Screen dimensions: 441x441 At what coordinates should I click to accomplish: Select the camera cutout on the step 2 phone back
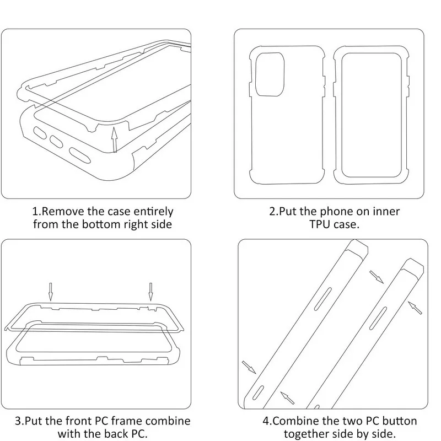pyautogui.click(x=270, y=75)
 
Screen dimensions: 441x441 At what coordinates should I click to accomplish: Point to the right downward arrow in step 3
pyautogui.click(x=150, y=291)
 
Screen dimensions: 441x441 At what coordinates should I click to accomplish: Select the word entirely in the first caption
pyautogui.click(x=153, y=211)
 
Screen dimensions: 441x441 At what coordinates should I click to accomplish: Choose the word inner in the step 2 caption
pyautogui.click(x=384, y=211)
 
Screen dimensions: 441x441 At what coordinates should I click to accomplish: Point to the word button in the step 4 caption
pyautogui.click(x=401, y=421)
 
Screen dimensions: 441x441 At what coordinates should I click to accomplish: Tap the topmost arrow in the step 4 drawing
pyautogui.click(x=377, y=276)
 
